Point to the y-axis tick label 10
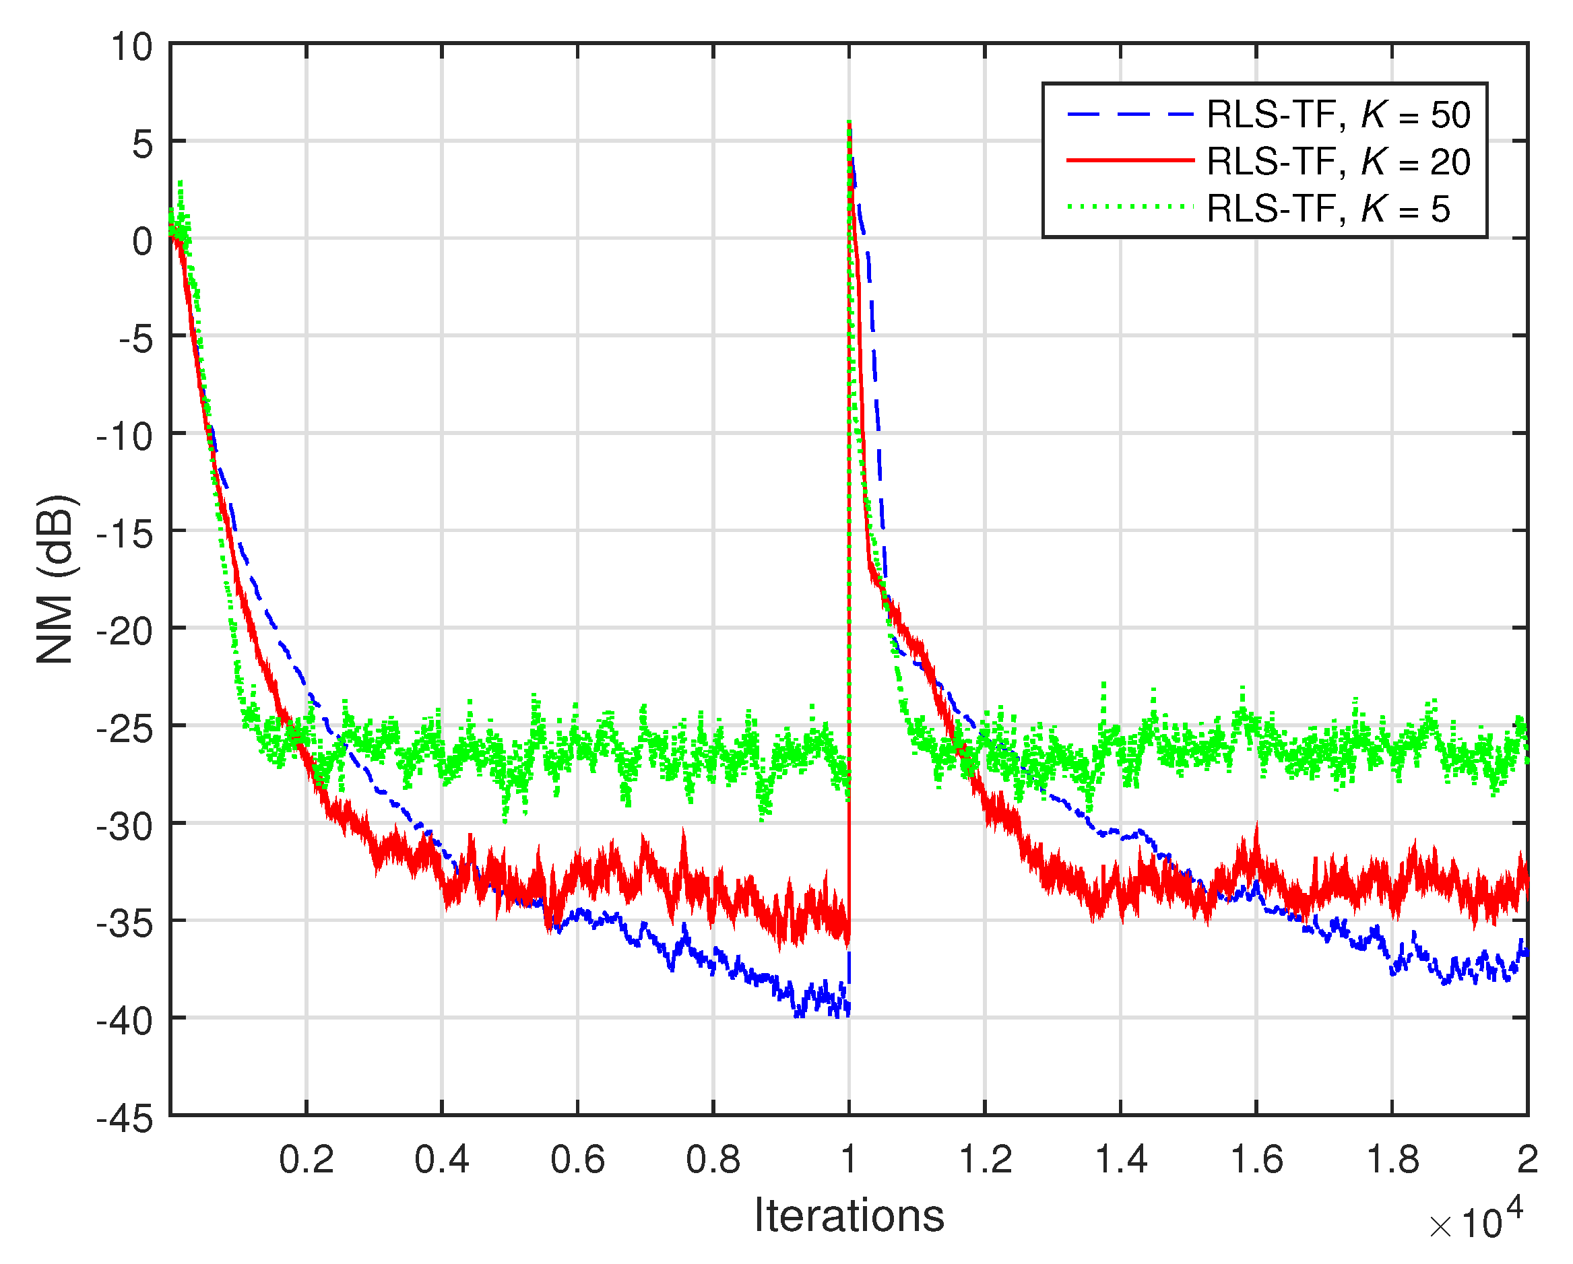(x=131, y=48)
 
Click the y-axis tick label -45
(x=125, y=1118)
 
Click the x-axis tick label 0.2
(x=307, y=1160)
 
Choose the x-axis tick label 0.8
(x=713, y=1160)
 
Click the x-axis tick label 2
(x=1527, y=1160)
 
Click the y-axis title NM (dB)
(x=55, y=580)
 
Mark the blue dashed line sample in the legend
(x=1130, y=114)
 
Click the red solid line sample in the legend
(x=1130, y=160)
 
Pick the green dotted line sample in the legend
(x=1130, y=207)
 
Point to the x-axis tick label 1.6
(x=1256, y=1160)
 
